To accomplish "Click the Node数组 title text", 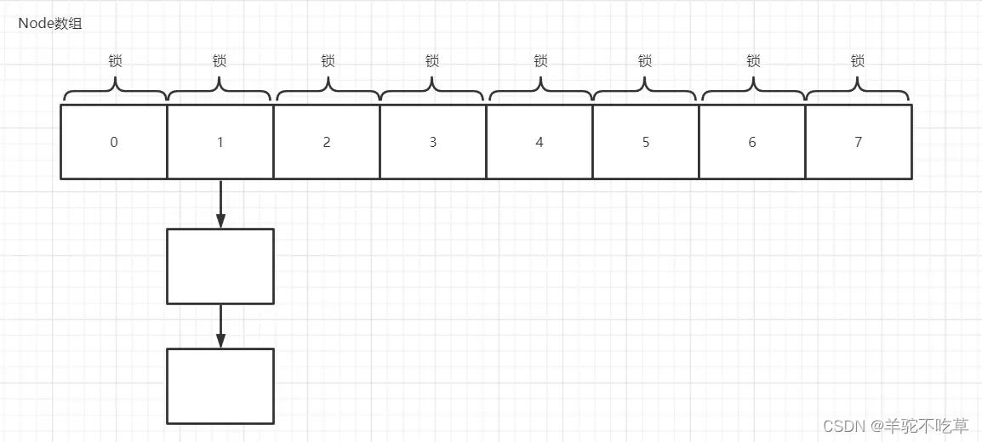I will point(50,24).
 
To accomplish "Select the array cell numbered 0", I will point(114,142).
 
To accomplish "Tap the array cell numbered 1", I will point(220,142).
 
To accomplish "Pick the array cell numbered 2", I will point(327,142).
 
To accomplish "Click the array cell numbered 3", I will point(433,142).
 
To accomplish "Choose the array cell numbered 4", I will point(540,142).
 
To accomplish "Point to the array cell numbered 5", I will point(646,142).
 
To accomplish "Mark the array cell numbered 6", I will point(752,142).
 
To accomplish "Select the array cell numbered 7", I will point(858,142).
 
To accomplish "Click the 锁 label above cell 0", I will point(115,61).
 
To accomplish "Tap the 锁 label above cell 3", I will point(432,61).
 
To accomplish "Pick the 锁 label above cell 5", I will point(645,61).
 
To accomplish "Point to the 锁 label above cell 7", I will point(858,61).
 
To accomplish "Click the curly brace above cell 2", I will point(328,88).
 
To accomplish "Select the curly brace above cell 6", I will point(752,88).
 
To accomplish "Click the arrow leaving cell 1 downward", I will point(220,204).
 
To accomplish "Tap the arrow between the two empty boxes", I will point(220,326).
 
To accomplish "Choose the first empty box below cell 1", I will point(220,266).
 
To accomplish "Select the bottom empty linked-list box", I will point(220,386).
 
